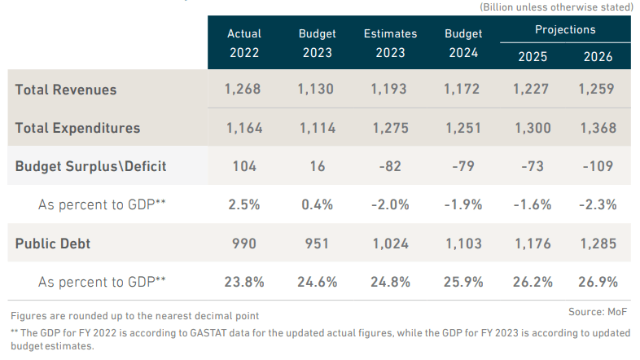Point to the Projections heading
(x=565, y=30)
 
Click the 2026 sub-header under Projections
(x=598, y=57)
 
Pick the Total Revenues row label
(x=66, y=90)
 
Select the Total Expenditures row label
(x=77, y=128)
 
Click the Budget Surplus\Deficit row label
(x=90, y=166)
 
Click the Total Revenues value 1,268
(x=244, y=90)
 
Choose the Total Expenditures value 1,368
(x=598, y=128)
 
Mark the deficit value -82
(x=390, y=166)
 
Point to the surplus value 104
(x=244, y=166)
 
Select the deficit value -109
(x=598, y=166)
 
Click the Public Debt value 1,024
(x=390, y=244)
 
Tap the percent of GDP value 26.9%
(x=598, y=282)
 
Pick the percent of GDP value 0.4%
(x=318, y=204)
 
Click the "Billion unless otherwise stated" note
(x=556, y=7)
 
